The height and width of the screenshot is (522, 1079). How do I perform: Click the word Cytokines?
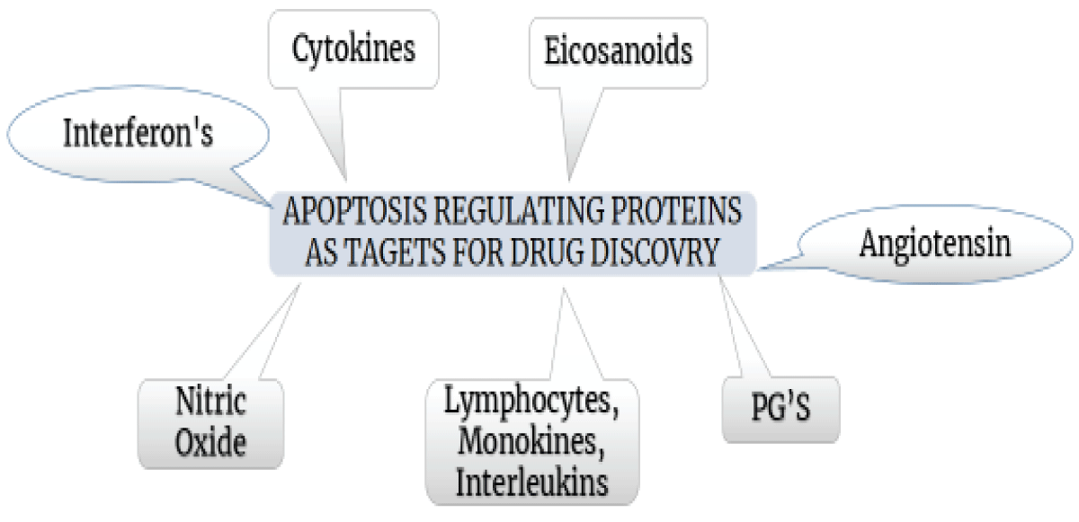353,49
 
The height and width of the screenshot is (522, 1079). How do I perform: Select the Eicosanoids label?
618,50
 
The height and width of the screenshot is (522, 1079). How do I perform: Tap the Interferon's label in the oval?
138,132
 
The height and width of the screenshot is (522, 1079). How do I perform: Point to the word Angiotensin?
935,243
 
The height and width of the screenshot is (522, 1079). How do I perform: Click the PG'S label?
780,407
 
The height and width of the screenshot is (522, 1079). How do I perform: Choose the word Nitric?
210,401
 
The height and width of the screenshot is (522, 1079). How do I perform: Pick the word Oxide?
210,442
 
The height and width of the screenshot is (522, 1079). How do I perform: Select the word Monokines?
531,441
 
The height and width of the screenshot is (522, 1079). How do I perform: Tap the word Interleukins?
531,482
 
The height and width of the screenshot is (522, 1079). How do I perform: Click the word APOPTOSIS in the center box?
354,211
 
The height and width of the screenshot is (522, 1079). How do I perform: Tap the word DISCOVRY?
655,252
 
